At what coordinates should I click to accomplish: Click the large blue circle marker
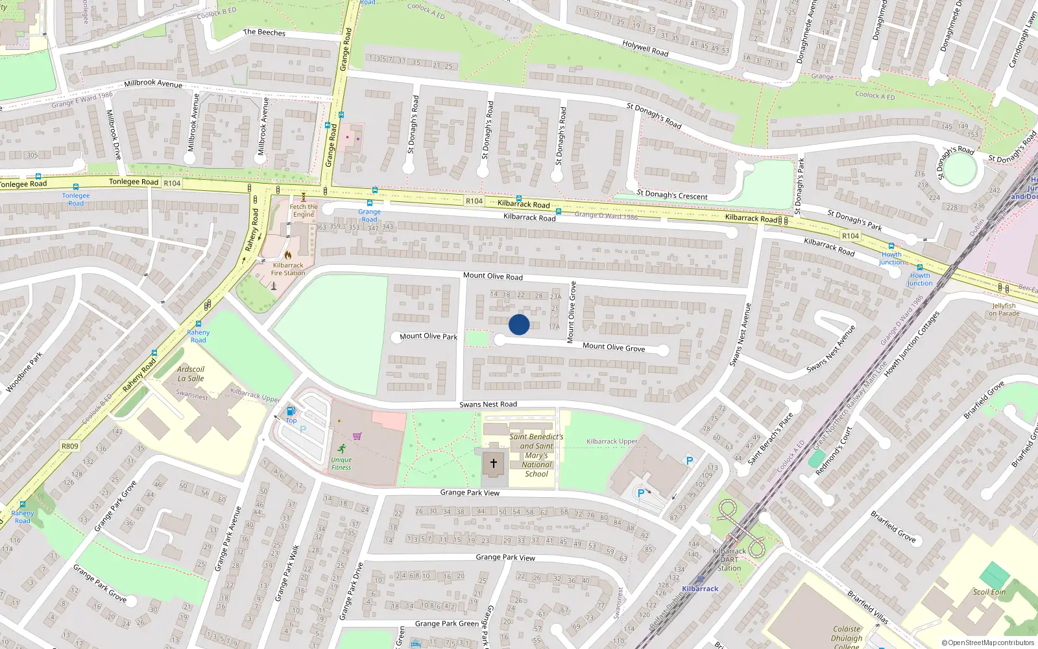519,324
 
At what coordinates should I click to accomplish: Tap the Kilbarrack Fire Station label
288,269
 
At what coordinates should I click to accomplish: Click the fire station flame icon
287,255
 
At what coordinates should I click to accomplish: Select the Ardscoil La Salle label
191,374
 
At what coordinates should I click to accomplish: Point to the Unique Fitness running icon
342,448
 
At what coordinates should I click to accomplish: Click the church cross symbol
494,463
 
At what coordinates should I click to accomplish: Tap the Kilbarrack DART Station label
729,559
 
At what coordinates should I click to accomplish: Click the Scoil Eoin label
989,592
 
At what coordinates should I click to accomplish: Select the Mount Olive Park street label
428,336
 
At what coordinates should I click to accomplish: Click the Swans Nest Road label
488,404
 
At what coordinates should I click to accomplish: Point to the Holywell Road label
645,48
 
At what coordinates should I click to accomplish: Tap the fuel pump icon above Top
291,411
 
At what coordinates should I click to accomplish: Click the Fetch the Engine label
304,210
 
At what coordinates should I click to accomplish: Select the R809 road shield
69,446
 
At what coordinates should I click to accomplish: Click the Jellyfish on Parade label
1004,310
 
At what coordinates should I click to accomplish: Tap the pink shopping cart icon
357,436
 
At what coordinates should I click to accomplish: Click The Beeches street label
264,32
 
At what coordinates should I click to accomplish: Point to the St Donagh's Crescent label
671,195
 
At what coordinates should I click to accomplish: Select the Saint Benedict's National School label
537,455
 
